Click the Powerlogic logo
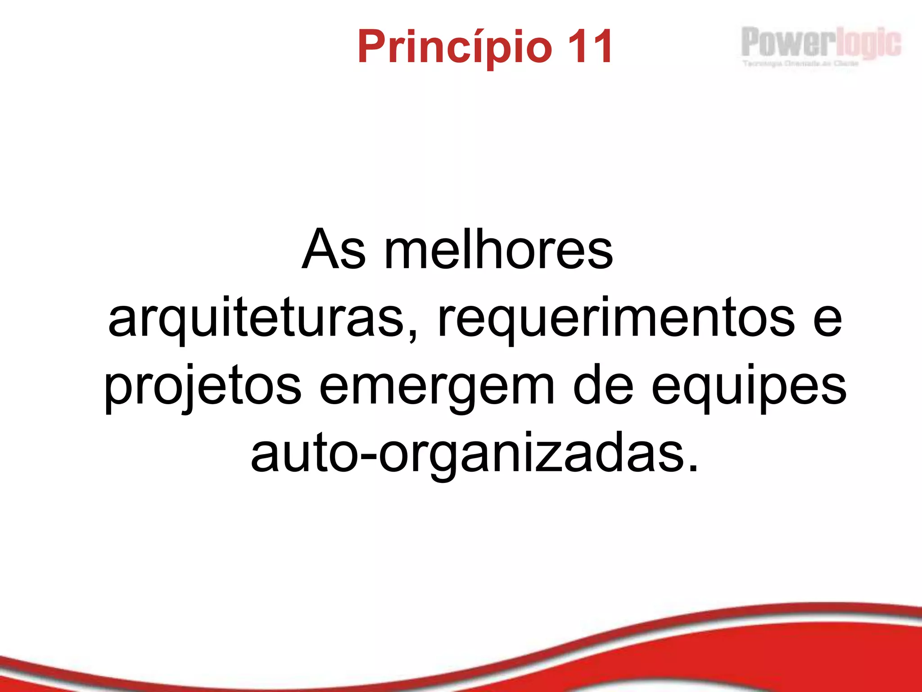(821, 43)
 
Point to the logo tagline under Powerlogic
(800, 64)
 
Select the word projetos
(203, 387)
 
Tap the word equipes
(749, 387)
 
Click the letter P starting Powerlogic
(750, 42)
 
